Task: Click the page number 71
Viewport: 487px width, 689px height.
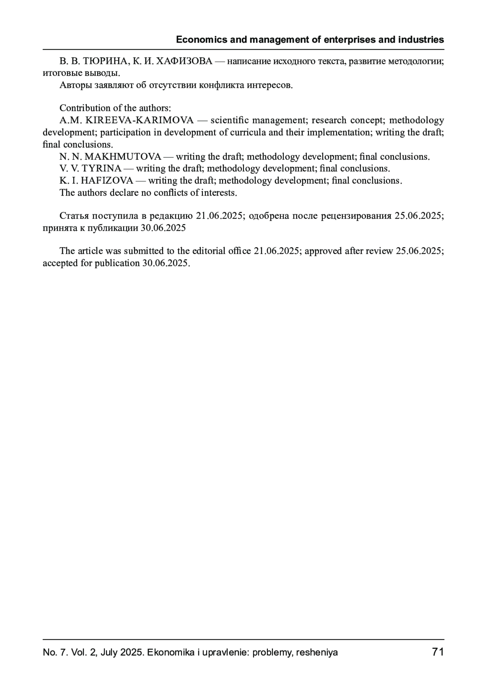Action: pyautogui.click(x=438, y=652)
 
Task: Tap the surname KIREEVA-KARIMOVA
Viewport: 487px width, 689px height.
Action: pyautogui.click(x=140, y=121)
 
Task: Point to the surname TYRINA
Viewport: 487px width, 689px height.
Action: pyautogui.click(x=102, y=168)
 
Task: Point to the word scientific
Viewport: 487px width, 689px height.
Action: pyautogui.click(x=228, y=121)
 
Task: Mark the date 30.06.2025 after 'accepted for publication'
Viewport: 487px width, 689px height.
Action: pyautogui.click(x=166, y=263)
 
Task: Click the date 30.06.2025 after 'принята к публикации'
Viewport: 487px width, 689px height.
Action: pyautogui.click(x=163, y=228)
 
